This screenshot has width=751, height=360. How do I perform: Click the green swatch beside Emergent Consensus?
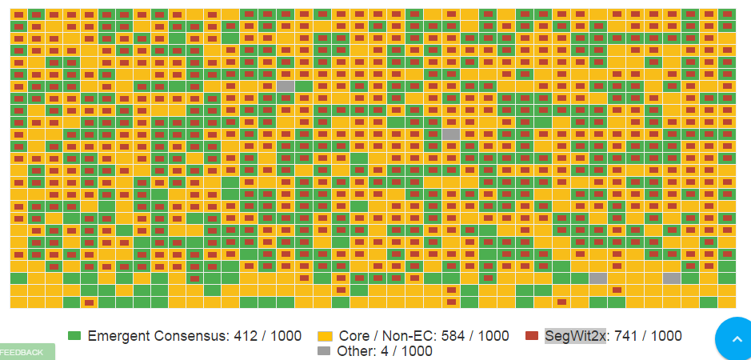[75, 336]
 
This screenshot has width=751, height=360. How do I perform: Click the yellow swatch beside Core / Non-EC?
[325, 336]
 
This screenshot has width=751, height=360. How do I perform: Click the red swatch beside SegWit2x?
[532, 336]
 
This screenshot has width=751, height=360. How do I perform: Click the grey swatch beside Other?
[324, 351]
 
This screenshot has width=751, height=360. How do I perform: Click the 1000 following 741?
[666, 336]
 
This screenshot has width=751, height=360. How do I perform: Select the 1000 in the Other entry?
[417, 351]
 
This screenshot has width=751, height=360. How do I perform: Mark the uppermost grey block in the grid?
[286, 86]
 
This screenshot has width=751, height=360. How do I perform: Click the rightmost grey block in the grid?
[672, 278]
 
